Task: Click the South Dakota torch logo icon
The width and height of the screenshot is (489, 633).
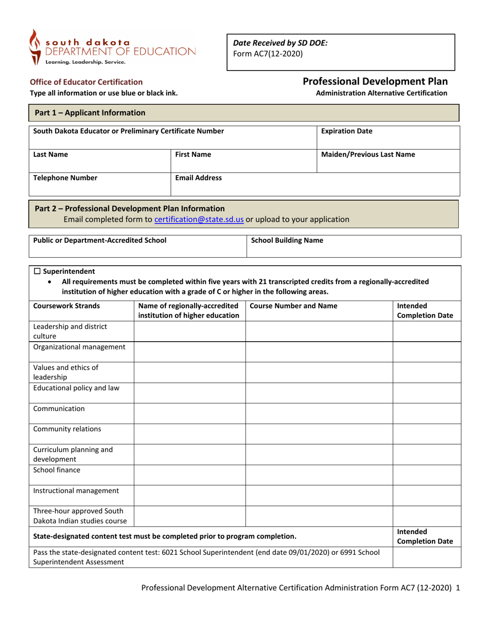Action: point(34,47)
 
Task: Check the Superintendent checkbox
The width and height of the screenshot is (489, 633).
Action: point(37,271)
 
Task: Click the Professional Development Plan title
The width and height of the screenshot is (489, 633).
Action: point(375,81)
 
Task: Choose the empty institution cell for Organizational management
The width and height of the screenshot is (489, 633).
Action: point(189,351)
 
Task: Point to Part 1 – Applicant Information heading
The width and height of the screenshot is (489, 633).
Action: point(90,113)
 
